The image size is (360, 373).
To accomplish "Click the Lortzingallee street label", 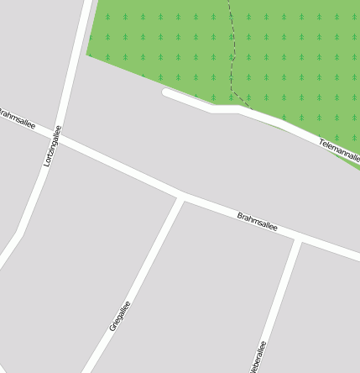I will [53, 145].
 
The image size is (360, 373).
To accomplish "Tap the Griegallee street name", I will [120, 316].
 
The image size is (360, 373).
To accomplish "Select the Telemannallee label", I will [340, 151].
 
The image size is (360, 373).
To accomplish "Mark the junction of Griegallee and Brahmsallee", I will [181, 197].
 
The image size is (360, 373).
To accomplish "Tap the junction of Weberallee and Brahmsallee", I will [299, 241].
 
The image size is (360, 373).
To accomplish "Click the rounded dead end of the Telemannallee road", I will [166, 92].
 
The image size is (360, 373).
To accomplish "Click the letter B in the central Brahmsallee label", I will [240, 214].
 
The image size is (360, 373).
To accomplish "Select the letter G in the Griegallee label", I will [112, 328].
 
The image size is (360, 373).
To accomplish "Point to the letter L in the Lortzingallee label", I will [47, 163].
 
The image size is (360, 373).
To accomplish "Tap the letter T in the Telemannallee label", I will [321, 142].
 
